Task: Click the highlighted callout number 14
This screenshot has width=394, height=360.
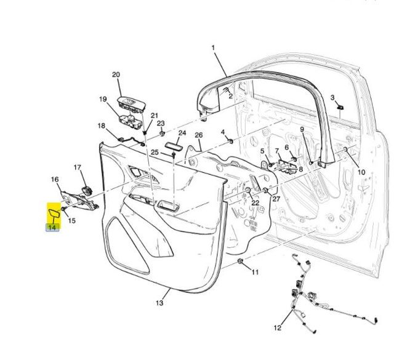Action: [52, 228]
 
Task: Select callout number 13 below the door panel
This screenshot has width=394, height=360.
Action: [159, 303]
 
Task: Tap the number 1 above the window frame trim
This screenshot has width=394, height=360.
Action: [214, 47]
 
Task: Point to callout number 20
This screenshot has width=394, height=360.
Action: [116, 74]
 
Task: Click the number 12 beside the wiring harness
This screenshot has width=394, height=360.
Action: [278, 328]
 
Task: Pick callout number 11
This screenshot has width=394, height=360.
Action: [255, 272]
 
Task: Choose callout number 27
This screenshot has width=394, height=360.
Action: [276, 199]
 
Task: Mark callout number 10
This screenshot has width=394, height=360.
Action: [361, 172]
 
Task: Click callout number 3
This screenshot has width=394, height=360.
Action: [332, 97]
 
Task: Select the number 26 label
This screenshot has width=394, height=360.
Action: [199, 135]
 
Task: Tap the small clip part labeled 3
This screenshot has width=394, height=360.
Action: [340, 108]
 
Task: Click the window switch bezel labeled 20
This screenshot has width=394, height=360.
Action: [131, 102]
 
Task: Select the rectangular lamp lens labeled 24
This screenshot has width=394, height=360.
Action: [174, 146]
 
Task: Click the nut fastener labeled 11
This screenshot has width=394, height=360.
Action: [240, 262]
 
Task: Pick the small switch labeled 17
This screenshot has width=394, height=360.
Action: [87, 190]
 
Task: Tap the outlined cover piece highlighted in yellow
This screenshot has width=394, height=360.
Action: [54, 214]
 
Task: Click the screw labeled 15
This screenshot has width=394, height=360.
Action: [63, 209]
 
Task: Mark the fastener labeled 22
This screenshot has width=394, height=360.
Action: [247, 190]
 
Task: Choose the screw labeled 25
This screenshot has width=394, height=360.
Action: [174, 154]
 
